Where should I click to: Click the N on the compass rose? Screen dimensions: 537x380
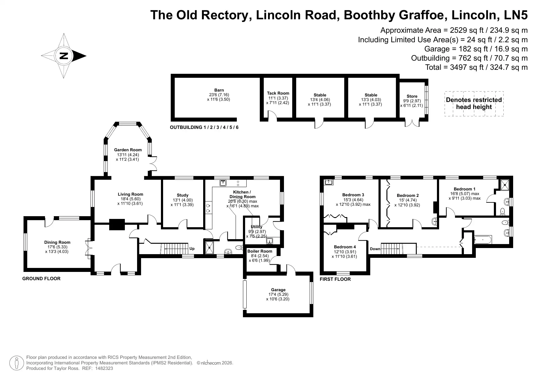64,56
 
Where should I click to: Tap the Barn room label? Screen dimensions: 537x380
219,90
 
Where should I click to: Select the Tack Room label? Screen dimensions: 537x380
278,93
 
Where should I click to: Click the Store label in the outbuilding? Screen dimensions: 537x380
412,96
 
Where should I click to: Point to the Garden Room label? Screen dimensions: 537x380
128,150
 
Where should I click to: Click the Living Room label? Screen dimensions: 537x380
130,194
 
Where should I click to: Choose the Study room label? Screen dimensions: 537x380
183,195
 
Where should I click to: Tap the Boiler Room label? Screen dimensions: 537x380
260,251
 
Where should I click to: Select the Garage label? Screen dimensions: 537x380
278,290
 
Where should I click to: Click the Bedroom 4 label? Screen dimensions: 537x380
345,247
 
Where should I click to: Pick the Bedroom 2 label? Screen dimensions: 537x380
408,195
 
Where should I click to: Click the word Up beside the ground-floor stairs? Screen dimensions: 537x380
192,249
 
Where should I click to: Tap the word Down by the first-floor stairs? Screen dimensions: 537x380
375,249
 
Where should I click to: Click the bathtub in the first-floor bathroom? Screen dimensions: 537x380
483,239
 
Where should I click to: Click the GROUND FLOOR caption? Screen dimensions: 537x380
41,279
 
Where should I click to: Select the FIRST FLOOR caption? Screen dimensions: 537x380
335,279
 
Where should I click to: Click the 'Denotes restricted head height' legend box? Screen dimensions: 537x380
474,103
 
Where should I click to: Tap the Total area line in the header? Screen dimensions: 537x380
476,67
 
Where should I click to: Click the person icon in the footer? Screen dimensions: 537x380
17,363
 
